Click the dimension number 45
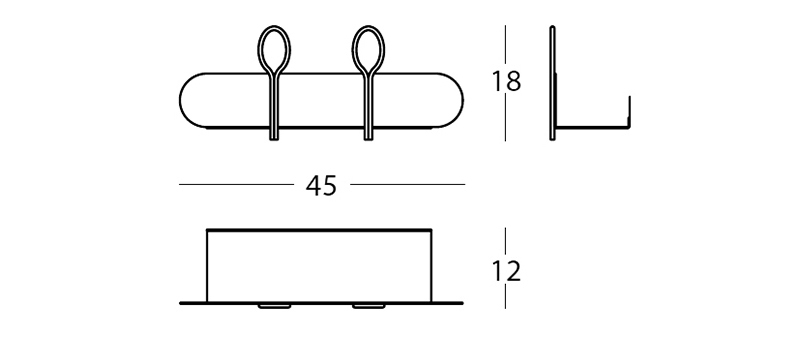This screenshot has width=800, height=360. [321, 186]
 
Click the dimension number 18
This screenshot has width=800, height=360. [506, 82]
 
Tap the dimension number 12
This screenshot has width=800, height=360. [506, 271]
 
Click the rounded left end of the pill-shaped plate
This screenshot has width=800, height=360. [180, 100]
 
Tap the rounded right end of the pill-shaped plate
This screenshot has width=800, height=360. [463, 100]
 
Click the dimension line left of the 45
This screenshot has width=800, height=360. [236, 185]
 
